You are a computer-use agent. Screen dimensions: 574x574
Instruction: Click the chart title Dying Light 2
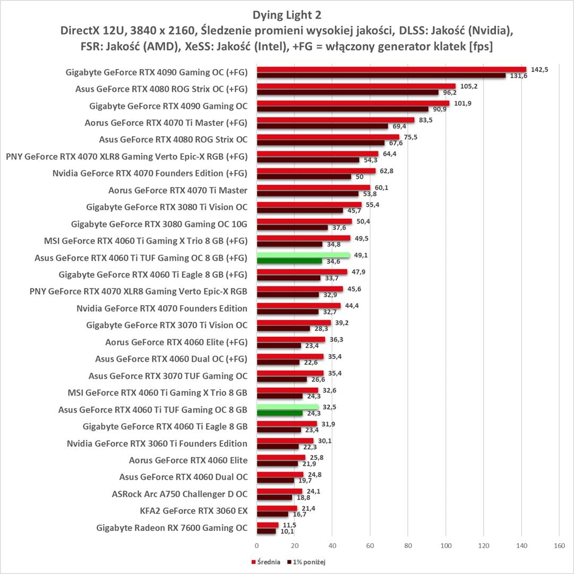pos(287,14)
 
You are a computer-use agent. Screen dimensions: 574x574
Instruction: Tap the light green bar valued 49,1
pos(303,255)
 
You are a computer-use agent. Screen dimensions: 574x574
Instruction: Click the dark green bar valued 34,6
pos(289,261)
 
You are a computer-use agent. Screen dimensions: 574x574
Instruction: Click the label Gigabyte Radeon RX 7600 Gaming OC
pos(172,528)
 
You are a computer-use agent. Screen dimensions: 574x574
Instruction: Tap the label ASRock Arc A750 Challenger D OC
pos(179,494)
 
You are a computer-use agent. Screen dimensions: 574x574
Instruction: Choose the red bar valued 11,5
pos(268,525)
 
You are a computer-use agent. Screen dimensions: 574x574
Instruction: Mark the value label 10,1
pos(287,532)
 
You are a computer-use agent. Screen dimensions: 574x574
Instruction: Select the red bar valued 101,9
pos(353,103)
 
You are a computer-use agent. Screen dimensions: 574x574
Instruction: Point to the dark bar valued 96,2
pos(347,92)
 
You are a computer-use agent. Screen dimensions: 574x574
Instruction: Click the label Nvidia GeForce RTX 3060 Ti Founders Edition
pos(157,443)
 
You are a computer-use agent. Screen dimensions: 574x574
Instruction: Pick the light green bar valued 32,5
pos(287,407)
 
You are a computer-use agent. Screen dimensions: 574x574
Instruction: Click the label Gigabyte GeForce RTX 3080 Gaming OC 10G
pos(159,224)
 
